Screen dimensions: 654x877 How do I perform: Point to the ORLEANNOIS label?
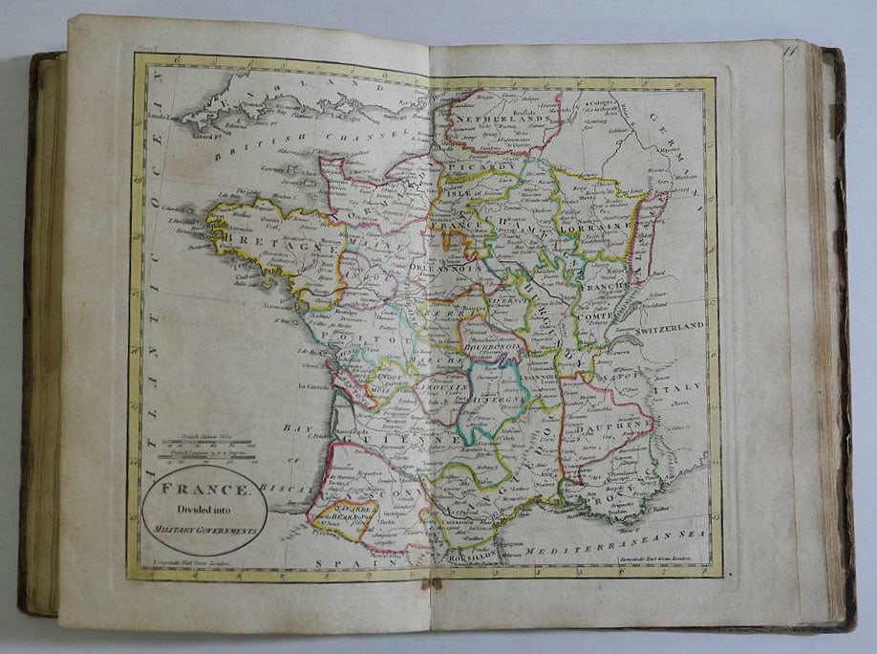[443, 269]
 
